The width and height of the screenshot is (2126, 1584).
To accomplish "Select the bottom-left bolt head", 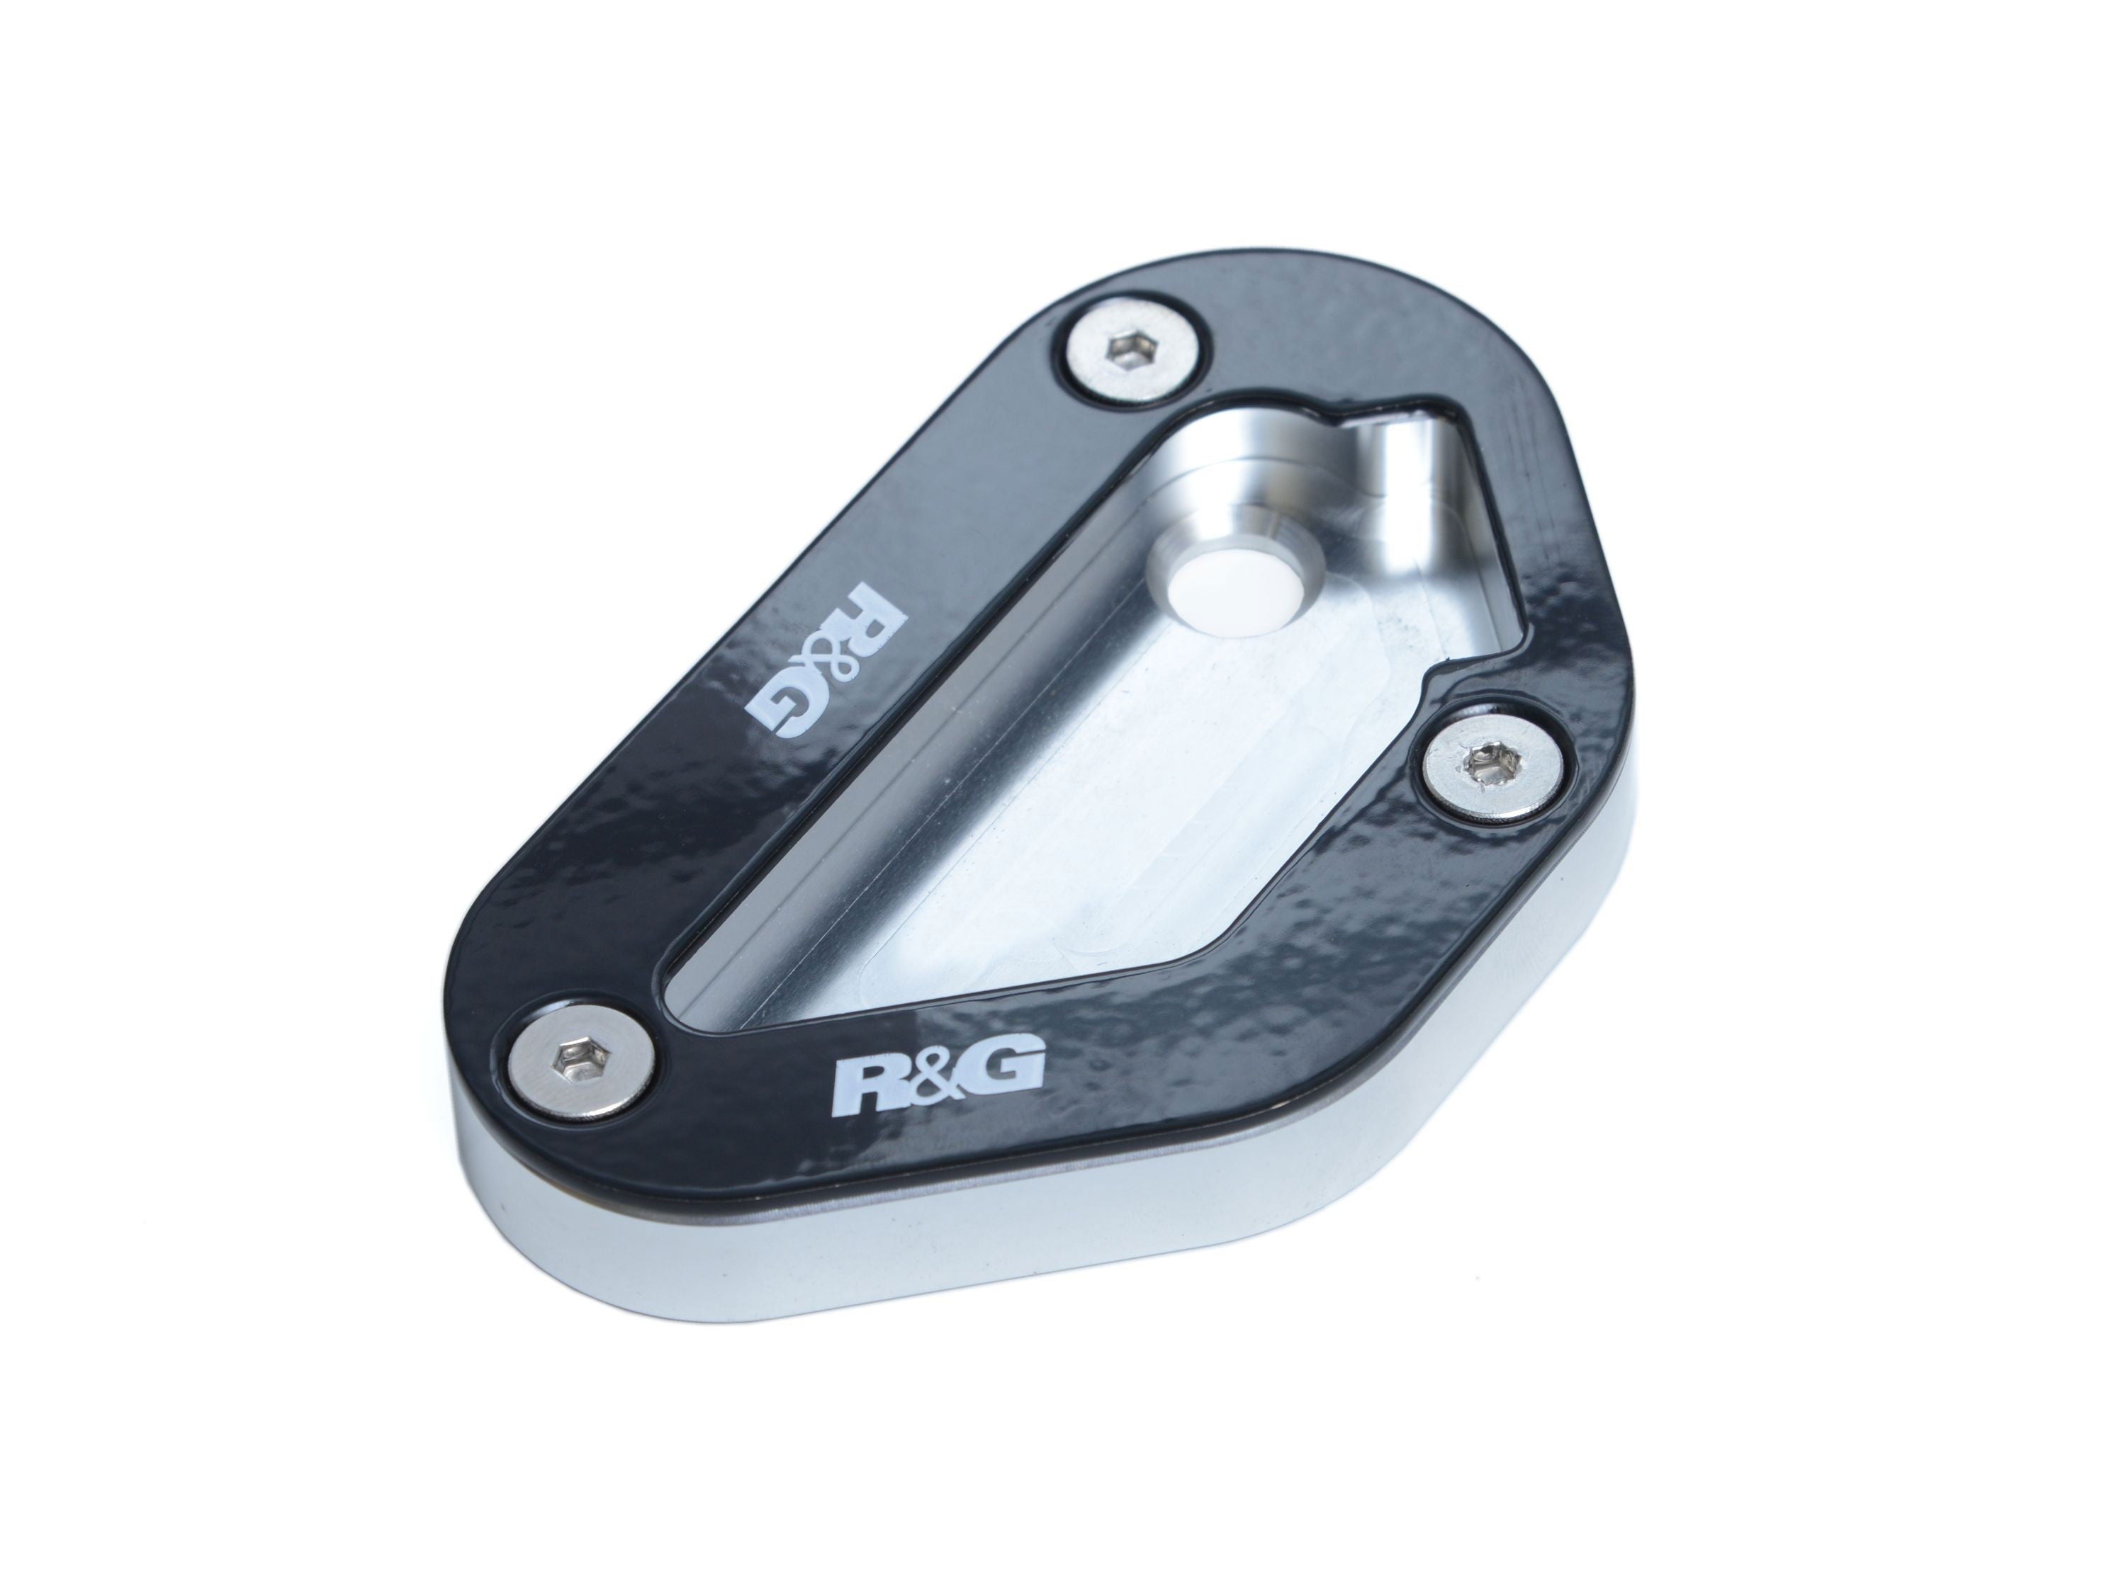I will [x=576, y=1067].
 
